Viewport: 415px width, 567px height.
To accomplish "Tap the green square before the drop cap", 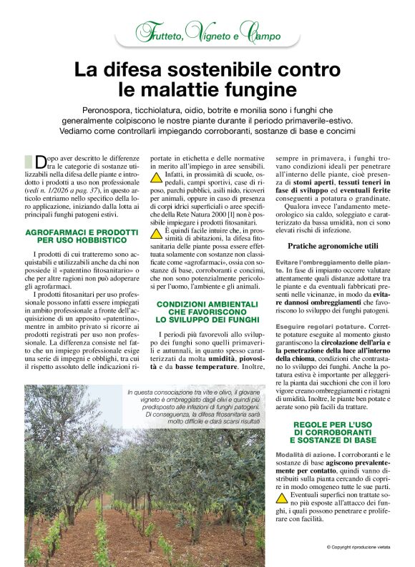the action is (x=29, y=161).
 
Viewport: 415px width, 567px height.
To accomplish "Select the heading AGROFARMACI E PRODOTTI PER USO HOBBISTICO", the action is (x=81, y=237).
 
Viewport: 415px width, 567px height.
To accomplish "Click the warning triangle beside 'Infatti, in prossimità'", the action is (x=155, y=176).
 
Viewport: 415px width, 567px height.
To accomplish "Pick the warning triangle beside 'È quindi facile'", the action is (x=155, y=234).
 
